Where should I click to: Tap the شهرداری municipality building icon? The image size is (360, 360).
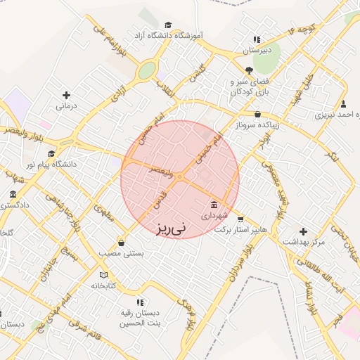[214, 205]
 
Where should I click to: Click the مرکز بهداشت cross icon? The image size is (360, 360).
[303, 231]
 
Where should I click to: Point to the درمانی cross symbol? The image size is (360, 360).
[66, 95]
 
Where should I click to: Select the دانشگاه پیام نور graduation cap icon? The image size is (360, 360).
[51, 153]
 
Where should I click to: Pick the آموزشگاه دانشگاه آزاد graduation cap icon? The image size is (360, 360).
[167, 25]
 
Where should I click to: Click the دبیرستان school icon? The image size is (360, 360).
[257, 39]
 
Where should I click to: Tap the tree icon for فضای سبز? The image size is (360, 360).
[249, 70]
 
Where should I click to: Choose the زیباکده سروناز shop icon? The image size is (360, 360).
[257, 114]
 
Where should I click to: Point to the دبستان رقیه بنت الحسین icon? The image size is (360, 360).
[139, 302]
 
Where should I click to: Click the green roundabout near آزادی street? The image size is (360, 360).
[146, 70]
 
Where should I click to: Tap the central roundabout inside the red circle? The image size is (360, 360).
[180, 177]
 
